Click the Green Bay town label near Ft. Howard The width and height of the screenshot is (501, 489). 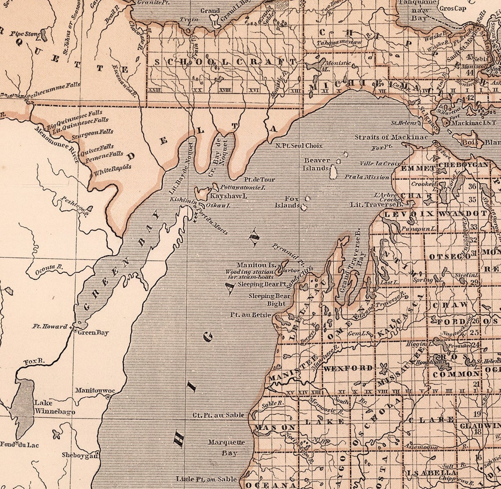[93, 333]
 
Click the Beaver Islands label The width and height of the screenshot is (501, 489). [317, 164]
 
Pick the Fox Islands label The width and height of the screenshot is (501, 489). [288, 202]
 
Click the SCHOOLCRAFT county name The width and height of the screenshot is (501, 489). [225, 62]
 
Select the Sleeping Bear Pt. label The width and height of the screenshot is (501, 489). [262, 284]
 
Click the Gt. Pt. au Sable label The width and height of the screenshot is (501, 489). [218, 415]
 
